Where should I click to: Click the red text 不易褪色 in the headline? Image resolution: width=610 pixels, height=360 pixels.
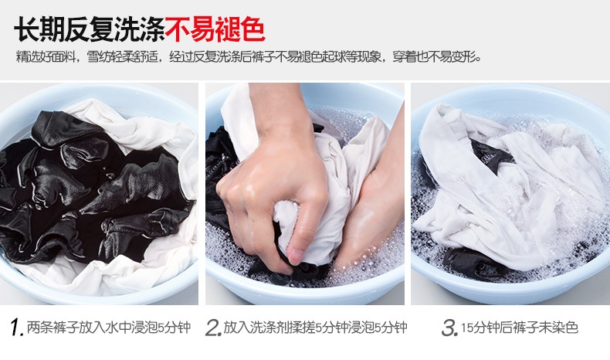pos(215,29)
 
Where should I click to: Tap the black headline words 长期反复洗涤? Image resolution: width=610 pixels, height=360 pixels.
pos(89,29)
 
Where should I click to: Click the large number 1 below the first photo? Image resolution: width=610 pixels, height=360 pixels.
pos(16,328)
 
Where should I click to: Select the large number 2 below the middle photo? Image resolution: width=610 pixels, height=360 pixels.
pos(213,328)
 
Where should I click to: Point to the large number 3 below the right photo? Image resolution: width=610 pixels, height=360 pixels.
pos(449,328)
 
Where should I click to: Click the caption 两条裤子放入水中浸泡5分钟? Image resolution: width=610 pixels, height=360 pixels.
pos(109,328)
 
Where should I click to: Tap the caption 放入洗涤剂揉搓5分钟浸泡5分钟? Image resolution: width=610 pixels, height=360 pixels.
pos(316,328)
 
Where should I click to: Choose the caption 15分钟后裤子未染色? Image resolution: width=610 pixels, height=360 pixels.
pos(520,328)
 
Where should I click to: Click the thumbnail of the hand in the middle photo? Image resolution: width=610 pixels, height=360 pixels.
pos(295,255)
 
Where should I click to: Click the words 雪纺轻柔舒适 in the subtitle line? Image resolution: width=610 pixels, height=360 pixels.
pos(123,57)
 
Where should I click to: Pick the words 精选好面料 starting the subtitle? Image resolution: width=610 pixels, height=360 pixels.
pos(45,57)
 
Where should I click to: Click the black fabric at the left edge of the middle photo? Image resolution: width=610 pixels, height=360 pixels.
pos(220,175)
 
